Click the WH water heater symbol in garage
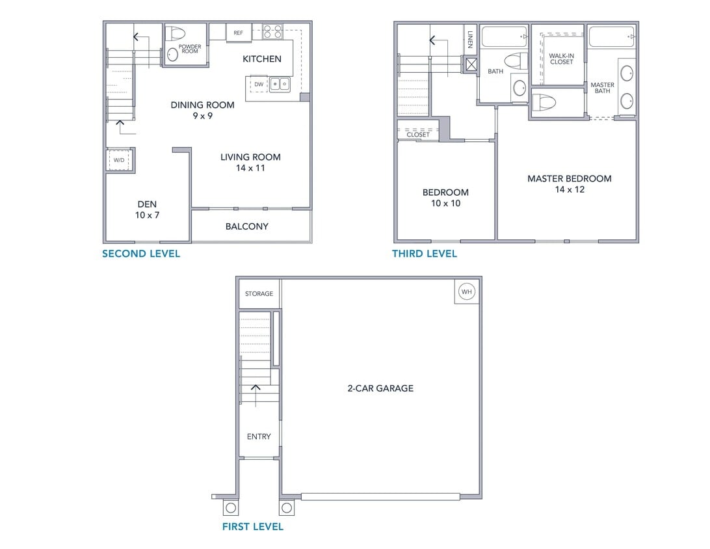click(x=466, y=291)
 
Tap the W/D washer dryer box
click(x=119, y=159)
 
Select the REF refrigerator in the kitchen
click(x=239, y=33)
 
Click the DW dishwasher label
click(x=259, y=85)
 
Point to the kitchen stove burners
click(x=272, y=31)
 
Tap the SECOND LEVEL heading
click(x=141, y=254)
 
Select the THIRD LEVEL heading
click(x=425, y=254)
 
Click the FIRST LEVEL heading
click(x=253, y=527)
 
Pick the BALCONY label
click(x=246, y=226)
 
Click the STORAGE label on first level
click(x=259, y=294)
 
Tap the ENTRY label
click(x=259, y=436)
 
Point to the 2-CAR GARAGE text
click(x=380, y=388)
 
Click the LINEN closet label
click(x=470, y=40)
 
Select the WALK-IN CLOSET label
click(x=561, y=59)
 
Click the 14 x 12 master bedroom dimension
click(x=570, y=190)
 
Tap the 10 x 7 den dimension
click(x=147, y=215)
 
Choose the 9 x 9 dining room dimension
click(x=202, y=116)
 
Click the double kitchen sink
click(x=280, y=84)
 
